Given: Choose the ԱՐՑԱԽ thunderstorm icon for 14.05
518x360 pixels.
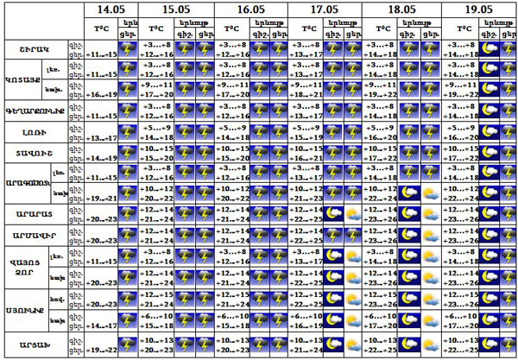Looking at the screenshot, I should [x=127, y=345].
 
